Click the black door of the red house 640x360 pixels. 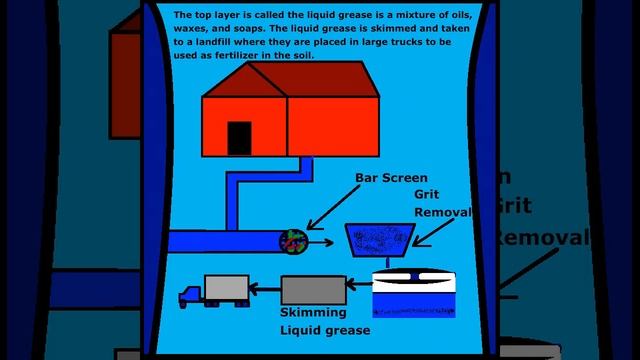239,138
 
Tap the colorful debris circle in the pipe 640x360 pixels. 292,241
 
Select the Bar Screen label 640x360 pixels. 391,178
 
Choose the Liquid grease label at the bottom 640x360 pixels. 325,330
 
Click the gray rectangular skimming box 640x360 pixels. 313,290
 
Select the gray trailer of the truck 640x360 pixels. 226,288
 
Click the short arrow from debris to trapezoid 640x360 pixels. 321,241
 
